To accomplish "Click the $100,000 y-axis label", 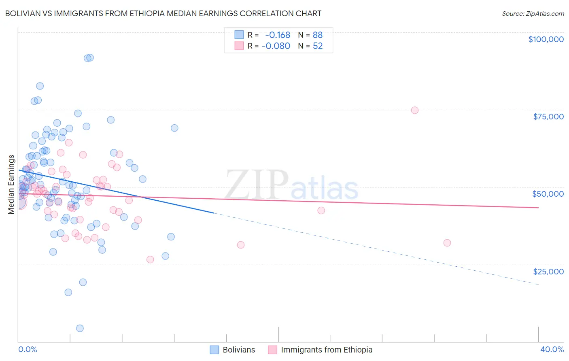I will click(x=546, y=39).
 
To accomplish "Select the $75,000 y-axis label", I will click(x=548, y=117).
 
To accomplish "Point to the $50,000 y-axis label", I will click(x=548, y=194).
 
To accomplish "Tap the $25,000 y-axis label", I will click(x=548, y=271).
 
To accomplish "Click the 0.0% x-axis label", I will click(x=28, y=349).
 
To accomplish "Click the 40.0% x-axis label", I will click(x=552, y=349).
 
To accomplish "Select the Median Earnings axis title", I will click(x=11, y=185).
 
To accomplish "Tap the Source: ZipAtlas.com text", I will click(x=533, y=13).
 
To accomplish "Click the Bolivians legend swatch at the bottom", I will click(x=214, y=350).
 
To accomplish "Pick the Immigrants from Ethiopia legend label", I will click(x=327, y=350).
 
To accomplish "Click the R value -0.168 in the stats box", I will click(x=278, y=35).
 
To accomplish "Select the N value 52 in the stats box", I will click(x=318, y=46).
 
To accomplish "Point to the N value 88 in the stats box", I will click(x=318, y=35).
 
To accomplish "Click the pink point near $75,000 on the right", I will click(x=414, y=110).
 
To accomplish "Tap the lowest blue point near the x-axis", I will click(x=80, y=328).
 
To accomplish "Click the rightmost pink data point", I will click(x=447, y=243).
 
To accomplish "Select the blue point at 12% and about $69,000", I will click(x=174, y=128).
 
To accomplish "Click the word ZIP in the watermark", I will click(x=257, y=184).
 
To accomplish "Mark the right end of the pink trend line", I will click(x=538, y=208).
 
